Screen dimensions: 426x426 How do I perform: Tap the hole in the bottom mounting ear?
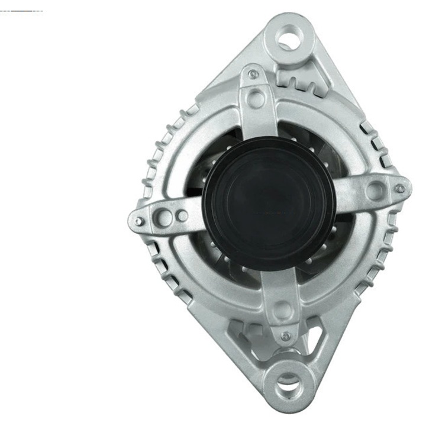coord(286,379)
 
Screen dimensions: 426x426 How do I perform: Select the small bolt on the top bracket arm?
coord(254,75)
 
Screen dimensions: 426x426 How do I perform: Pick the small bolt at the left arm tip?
coord(138,221)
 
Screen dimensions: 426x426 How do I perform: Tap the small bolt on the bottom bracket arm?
coord(286,336)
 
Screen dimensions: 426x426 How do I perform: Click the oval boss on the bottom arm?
coord(283,311)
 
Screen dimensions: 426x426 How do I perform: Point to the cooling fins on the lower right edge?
coord(379,260)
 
